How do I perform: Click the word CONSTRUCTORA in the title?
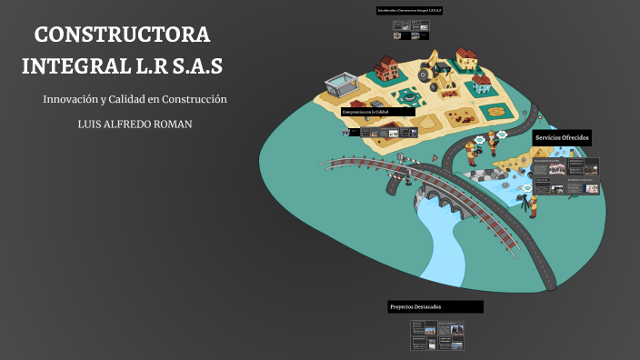[x=122, y=35]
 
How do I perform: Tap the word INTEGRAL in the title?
[x=75, y=67]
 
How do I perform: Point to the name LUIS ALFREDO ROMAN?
[x=135, y=124]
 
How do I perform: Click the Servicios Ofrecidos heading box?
[x=563, y=137]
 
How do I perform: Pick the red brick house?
[x=386, y=66]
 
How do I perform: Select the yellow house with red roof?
[x=466, y=59]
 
